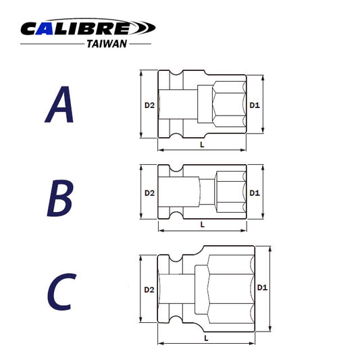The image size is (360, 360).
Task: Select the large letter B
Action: click(x=59, y=197)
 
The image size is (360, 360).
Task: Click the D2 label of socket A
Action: click(x=149, y=105)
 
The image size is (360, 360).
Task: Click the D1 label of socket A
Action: click(x=254, y=105)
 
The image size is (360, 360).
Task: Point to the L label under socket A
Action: click(x=201, y=145)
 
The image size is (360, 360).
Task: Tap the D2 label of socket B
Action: click(x=149, y=192)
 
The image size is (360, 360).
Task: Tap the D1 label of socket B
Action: click(x=254, y=192)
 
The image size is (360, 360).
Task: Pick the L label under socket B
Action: click(x=201, y=224)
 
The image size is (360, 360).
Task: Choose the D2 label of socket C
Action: click(x=149, y=290)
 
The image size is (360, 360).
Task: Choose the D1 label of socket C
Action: click(x=262, y=288)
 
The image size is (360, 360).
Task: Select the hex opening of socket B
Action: click(x=230, y=192)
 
